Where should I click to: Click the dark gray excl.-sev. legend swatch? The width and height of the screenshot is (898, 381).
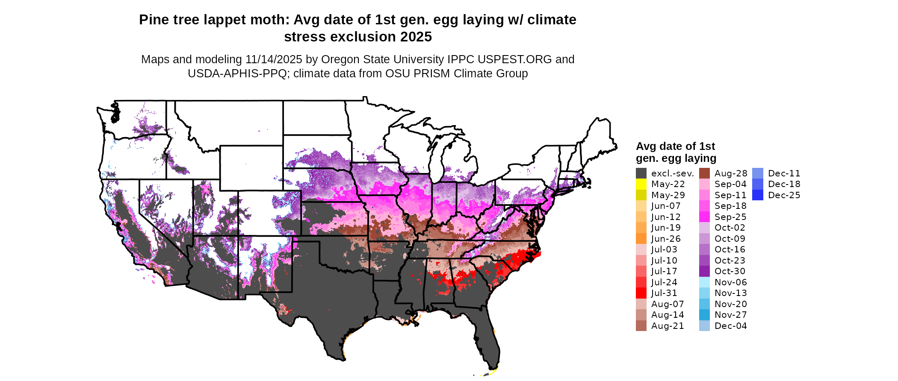pyautogui.click(x=641, y=173)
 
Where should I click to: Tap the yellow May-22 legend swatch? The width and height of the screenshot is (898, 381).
pyautogui.click(x=641, y=184)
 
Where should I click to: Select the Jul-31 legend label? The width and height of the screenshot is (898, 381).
pyautogui.click(x=664, y=293)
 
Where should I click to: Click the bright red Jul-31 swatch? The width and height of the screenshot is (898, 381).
pyautogui.click(x=641, y=293)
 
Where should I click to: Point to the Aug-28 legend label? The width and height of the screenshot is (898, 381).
pyautogui.click(x=731, y=173)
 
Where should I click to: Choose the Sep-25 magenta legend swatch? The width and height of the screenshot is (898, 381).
pyautogui.click(x=704, y=217)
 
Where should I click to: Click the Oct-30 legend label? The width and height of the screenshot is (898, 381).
pyautogui.click(x=730, y=271)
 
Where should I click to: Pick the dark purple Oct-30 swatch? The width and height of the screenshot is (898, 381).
pyautogui.click(x=704, y=271)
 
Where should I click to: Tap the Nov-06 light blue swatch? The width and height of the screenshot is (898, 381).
pyautogui.click(x=704, y=282)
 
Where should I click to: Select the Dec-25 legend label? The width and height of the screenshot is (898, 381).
pyautogui.click(x=784, y=195)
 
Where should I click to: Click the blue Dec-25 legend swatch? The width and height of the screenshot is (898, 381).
pyautogui.click(x=757, y=195)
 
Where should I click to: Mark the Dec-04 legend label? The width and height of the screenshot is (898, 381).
pyautogui.click(x=730, y=326)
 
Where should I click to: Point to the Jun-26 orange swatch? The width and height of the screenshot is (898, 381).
pyautogui.click(x=641, y=239)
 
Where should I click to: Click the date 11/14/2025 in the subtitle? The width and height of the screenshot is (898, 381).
pyautogui.click(x=274, y=59)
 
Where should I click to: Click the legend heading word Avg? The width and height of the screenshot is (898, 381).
pyautogui.click(x=646, y=147)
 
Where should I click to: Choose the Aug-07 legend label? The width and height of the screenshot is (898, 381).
pyautogui.click(x=667, y=304)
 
